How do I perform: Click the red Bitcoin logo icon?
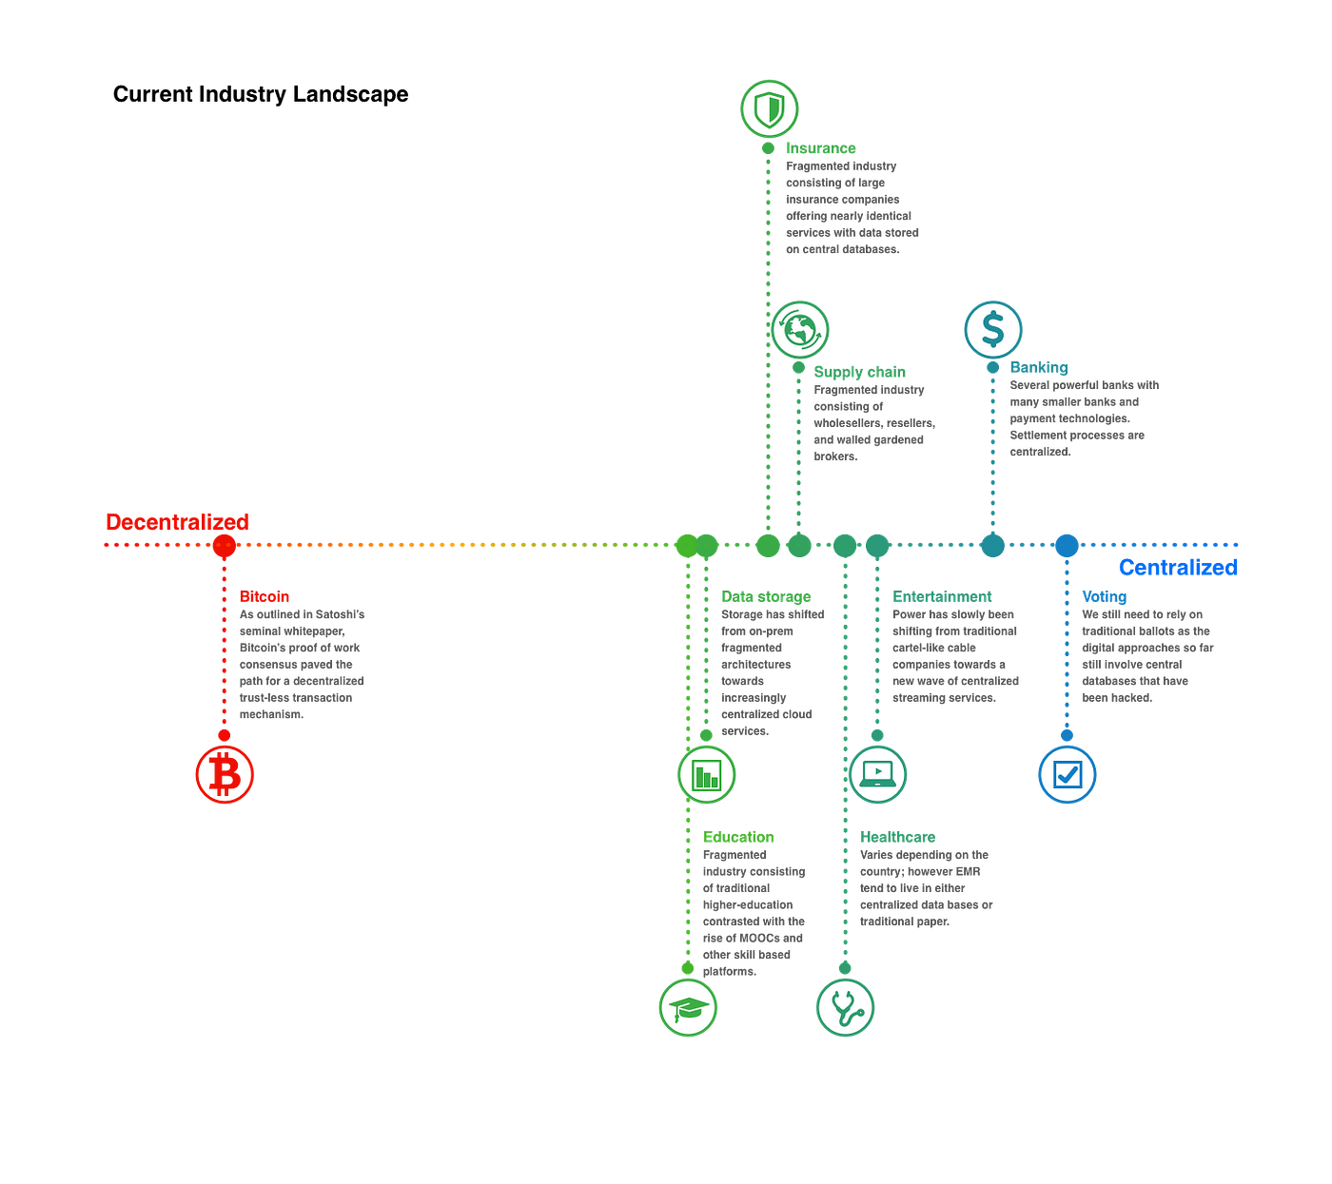point(225,774)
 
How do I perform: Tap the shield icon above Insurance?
point(769,108)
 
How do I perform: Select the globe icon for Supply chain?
point(799,329)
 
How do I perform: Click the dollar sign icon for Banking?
point(992,329)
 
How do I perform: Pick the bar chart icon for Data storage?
point(706,774)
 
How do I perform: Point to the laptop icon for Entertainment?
point(877,774)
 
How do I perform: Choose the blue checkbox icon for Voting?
point(1067,774)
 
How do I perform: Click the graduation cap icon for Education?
point(688,1007)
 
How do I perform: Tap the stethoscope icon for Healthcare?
point(845,1007)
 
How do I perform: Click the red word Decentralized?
point(178,522)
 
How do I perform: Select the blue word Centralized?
point(1178,567)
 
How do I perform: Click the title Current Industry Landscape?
point(261,94)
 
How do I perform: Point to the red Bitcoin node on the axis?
point(225,545)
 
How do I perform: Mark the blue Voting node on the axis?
point(1067,545)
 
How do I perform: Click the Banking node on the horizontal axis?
point(992,545)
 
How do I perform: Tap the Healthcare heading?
point(897,837)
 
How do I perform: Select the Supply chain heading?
point(859,372)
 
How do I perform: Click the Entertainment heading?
point(942,596)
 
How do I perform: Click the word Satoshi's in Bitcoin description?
point(340,614)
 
